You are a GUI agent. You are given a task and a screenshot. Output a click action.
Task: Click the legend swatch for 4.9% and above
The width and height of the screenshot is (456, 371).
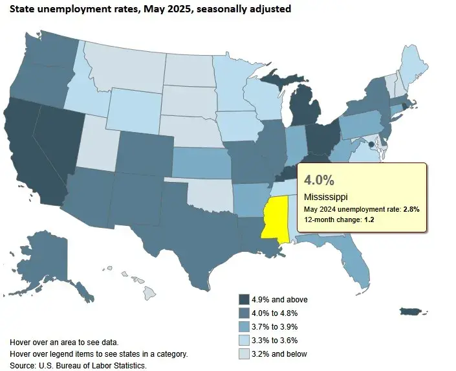click(244, 299)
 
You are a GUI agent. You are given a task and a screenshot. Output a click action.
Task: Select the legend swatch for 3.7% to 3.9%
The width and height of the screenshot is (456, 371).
click(244, 326)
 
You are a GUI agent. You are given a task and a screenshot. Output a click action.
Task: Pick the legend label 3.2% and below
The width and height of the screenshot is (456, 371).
click(280, 354)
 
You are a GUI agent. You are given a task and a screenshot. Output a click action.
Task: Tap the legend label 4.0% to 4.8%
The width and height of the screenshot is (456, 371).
click(279, 313)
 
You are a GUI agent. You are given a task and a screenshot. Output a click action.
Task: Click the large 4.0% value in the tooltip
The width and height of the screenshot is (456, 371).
click(319, 178)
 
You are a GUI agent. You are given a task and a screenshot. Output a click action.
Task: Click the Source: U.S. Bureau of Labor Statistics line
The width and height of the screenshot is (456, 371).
click(78, 366)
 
